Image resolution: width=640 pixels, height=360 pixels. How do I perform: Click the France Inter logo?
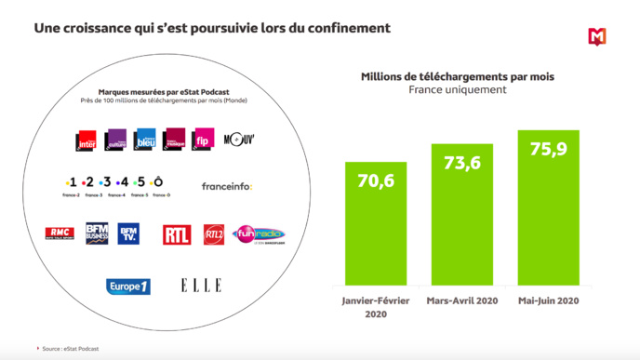[87, 140]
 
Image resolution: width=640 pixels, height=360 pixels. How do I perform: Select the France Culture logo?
[116, 140]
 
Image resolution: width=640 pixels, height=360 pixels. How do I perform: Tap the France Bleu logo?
[145, 140]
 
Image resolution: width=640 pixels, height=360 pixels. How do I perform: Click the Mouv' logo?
[239, 140]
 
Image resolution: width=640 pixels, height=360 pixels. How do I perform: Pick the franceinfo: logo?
[227, 186]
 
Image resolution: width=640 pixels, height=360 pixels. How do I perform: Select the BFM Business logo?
[97, 233]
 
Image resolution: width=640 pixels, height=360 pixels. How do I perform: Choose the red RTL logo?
[177, 234]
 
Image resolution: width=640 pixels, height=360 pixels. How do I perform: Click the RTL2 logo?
[214, 234]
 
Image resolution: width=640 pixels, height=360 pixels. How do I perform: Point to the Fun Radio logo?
[259, 235]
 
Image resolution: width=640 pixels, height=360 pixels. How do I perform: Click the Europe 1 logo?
[127, 286]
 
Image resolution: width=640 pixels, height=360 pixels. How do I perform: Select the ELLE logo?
[201, 286]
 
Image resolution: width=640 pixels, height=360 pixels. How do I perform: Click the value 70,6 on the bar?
[376, 180]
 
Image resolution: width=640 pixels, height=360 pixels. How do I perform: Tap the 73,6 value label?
[461, 163]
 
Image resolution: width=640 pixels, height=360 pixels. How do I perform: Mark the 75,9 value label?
[548, 149]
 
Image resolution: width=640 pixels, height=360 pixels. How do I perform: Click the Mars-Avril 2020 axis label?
[461, 300]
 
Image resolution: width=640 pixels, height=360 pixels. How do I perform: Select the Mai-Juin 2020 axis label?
[548, 300]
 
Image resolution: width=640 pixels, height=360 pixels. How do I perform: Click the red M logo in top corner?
[596, 37]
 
